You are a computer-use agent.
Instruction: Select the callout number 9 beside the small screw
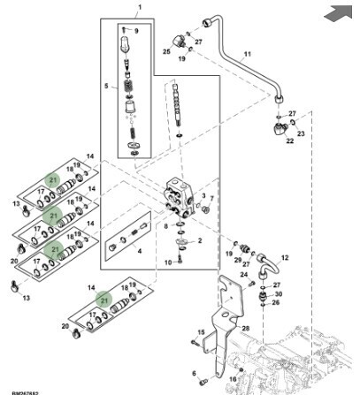136,32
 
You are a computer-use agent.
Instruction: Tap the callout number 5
105,87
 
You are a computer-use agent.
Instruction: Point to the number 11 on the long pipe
245,54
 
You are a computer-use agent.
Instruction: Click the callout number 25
165,52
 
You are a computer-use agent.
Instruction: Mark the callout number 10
168,262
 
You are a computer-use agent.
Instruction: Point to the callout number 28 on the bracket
246,329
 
